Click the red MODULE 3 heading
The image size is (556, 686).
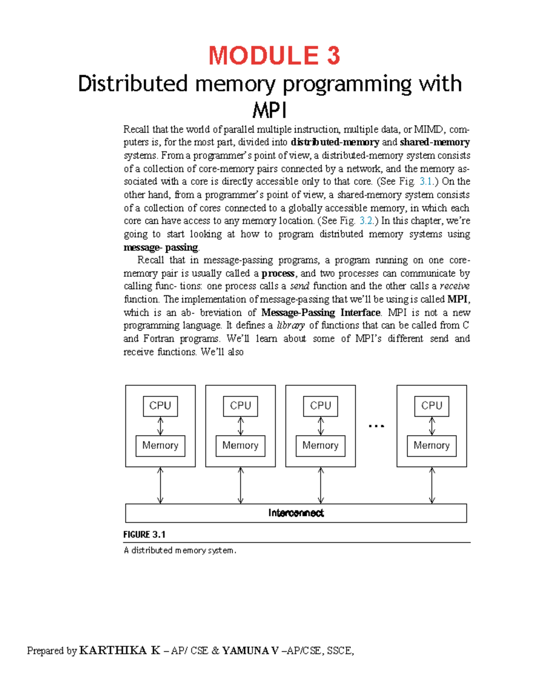pyautogui.click(x=274, y=56)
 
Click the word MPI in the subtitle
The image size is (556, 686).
pyautogui.click(x=270, y=111)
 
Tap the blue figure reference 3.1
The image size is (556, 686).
pyautogui.click(x=426, y=181)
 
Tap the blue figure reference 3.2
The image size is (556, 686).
pyautogui.click(x=366, y=221)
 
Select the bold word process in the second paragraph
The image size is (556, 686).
pyautogui.click(x=278, y=273)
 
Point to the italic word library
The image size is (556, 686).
pyautogui.click(x=291, y=325)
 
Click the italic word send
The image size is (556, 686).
pyautogui.click(x=299, y=286)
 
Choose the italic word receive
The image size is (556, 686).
pyautogui.click(x=455, y=286)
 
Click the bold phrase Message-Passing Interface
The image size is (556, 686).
pyautogui.click(x=321, y=312)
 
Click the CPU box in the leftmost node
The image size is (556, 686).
pyautogui.click(x=160, y=406)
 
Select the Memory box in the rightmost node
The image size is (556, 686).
pyautogui.click(x=431, y=445)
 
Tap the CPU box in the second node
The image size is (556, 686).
pyautogui.click(x=240, y=406)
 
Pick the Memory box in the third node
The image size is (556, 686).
pyautogui.click(x=321, y=445)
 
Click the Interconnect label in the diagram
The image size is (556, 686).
pyautogui.click(x=296, y=513)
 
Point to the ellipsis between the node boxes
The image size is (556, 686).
pyautogui.click(x=376, y=426)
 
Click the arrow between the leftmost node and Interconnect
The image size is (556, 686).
pyautogui.click(x=160, y=485)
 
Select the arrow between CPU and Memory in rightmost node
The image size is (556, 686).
pyautogui.click(x=432, y=426)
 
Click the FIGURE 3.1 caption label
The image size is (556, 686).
pyautogui.click(x=144, y=534)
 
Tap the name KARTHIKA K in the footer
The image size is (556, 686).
pyautogui.click(x=120, y=650)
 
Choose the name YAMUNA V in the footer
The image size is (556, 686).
pyautogui.click(x=250, y=651)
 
